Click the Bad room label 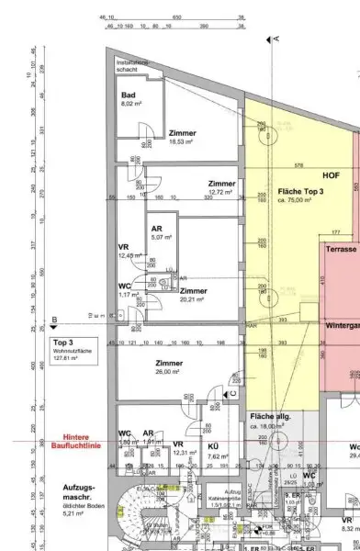pyautogui.click(x=129, y=95)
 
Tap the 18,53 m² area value pyautogui.click(x=179, y=142)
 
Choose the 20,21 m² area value pyautogui.click(x=193, y=299)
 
